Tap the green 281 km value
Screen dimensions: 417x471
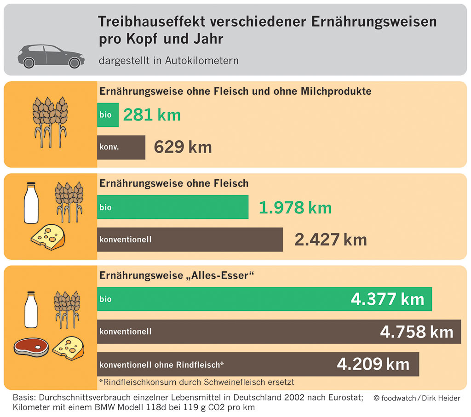coord(152,115)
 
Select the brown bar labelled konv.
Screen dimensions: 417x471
coord(121,148)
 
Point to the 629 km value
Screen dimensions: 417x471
coord(183,147)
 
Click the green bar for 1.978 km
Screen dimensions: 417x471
coord(172,207)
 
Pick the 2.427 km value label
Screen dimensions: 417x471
coord(330,240)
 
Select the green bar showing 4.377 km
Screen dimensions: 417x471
coord(264,299)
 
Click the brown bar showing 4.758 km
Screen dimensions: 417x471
coord(279,331)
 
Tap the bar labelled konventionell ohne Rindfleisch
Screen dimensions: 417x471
coord(258,364)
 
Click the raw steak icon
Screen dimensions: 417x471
coord(31,346)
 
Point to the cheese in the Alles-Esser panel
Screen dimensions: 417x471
coord(69,348)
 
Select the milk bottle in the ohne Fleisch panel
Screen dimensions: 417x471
coord(31,203)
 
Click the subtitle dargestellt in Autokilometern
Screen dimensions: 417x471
coord(168,61)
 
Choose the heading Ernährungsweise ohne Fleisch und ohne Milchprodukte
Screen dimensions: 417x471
coord(235,91)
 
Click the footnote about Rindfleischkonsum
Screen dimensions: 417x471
coord(196,382)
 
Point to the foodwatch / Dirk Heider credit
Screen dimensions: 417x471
coord(417,398)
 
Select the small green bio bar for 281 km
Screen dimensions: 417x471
coord(108,115)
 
